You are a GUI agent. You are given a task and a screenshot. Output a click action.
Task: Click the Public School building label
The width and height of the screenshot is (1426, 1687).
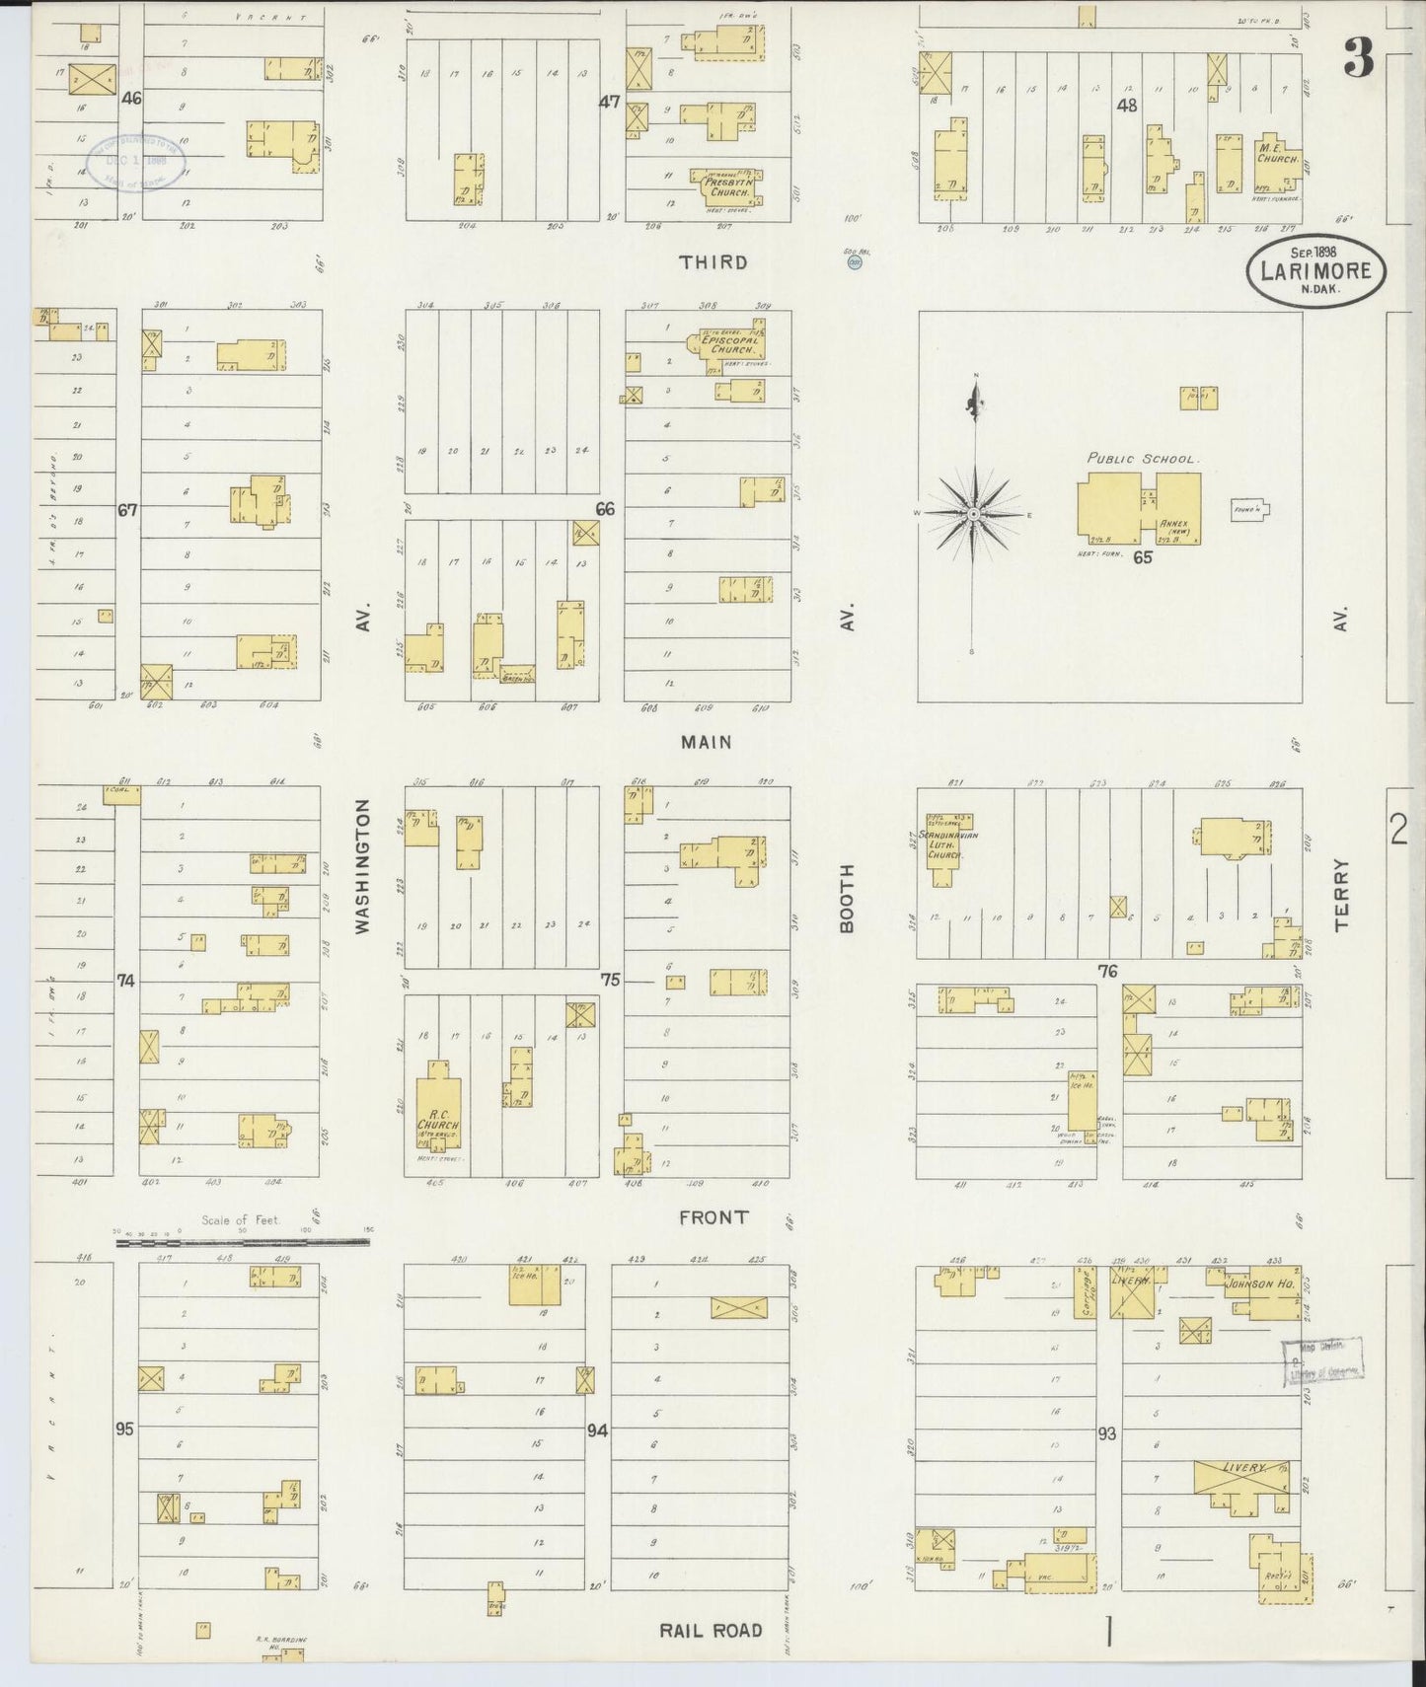pos(1143,459)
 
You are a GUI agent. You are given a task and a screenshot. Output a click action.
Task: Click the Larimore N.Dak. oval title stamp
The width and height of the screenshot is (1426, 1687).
pos(1315,267)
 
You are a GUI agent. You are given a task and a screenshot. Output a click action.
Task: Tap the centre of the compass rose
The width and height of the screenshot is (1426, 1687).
pos(974,514)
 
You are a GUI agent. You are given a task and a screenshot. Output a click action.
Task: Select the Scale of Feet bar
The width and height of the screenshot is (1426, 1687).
pos(242,1243)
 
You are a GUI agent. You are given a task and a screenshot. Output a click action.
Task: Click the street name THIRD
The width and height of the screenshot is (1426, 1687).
pos(713,262)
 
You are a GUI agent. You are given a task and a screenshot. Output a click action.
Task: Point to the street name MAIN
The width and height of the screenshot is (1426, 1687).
pos(708,742)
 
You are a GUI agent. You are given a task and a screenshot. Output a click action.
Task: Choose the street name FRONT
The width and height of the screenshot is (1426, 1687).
pos(713,1217)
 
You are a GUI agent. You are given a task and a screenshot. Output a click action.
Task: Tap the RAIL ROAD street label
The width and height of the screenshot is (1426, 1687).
pos(711,1630)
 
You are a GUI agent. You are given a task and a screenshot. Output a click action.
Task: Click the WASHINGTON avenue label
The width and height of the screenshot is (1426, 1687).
pos(361,867)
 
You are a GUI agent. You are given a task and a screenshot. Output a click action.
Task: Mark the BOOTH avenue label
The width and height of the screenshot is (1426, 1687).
pos(846,898)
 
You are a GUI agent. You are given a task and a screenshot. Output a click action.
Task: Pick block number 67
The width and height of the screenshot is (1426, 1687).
pos(126,510)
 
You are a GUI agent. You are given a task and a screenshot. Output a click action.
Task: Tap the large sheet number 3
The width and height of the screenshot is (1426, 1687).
pos(1358,61)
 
